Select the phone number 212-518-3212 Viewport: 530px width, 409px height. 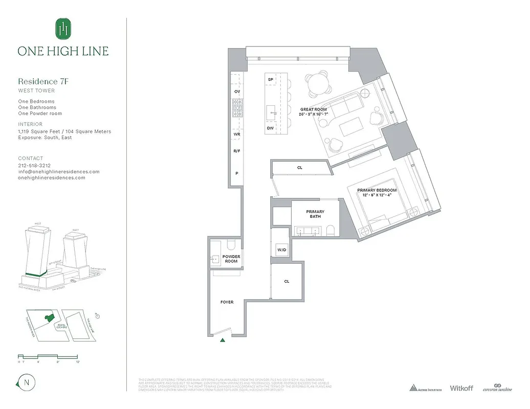34,166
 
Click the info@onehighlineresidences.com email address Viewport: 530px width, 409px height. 59,172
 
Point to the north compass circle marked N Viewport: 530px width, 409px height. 24,383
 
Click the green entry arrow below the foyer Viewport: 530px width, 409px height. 222,339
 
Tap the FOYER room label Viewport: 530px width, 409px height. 227,302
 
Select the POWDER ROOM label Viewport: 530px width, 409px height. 231,259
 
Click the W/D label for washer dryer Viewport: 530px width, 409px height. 281,250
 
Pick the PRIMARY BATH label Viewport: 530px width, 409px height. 315,214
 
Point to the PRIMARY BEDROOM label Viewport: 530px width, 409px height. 377,193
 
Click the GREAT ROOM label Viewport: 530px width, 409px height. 313,111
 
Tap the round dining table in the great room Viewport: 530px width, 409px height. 319,84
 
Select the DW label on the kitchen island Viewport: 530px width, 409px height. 270,128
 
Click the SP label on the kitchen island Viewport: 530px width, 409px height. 270,80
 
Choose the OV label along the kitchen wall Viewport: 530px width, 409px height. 237,92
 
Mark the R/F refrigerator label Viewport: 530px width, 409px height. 237,151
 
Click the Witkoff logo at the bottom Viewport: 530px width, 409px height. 462,389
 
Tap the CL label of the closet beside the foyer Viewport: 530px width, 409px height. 286,281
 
